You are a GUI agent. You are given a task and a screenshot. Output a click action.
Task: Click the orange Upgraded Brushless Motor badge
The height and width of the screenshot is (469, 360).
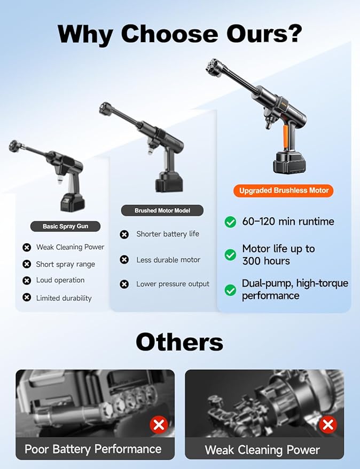[x=283, y=190]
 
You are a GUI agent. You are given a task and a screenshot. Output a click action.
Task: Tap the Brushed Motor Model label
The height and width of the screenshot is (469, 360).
[x=162, y=211]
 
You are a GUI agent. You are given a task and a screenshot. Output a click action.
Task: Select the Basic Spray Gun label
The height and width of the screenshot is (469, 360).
[x=65, y=226]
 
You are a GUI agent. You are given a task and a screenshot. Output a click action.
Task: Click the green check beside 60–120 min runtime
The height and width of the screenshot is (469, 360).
[x=230, y=221]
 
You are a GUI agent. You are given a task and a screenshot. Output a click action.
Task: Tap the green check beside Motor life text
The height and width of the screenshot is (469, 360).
[x=230, y=255]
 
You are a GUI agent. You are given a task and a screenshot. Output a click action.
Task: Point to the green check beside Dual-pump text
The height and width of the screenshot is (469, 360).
[x=230, y=290]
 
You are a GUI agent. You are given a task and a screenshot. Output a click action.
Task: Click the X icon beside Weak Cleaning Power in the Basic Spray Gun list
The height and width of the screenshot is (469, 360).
[x=27, y=248]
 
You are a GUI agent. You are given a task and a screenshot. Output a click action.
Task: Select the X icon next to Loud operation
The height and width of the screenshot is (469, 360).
[x=27, y=281]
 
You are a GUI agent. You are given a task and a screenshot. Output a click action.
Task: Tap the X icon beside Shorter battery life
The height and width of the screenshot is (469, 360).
[x=124, y=235]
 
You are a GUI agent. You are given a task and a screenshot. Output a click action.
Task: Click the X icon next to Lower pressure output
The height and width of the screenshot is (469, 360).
[x=124, y=284]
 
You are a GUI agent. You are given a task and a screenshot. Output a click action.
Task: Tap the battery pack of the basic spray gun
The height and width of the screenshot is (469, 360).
[x=73, y=203]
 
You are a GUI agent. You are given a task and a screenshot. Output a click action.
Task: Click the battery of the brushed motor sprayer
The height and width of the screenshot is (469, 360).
[x=169, y=182]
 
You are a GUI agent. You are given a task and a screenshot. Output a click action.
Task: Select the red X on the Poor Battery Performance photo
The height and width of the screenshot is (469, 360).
[x=159, y=424]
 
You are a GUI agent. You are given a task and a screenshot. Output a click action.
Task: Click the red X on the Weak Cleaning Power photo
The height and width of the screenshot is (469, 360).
[x=328, y=424]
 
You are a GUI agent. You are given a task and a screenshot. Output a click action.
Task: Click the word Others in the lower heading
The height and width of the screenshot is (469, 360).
[x=179, y=342]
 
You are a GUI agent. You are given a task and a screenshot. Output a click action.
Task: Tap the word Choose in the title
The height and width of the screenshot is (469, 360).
[x=169, y=34]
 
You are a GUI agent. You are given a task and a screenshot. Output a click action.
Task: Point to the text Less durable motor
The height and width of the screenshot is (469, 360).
[x=168, y=260]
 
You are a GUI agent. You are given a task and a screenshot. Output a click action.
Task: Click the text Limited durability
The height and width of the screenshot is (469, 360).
[x=64, y=298]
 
